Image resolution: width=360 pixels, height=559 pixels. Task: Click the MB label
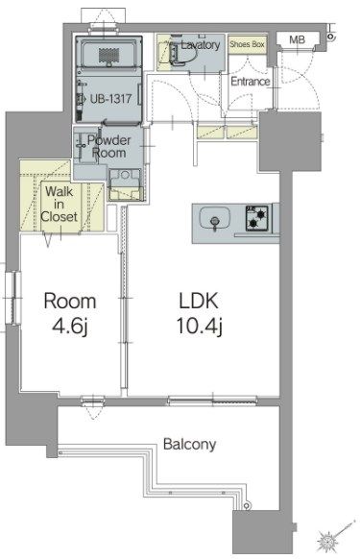point(297,39)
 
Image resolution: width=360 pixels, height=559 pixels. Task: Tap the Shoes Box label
point(247,44)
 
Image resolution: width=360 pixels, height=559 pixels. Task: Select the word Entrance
point(251,82)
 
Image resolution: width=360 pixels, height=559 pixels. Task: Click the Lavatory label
point(201,45)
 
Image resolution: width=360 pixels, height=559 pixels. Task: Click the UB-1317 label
point(110,99)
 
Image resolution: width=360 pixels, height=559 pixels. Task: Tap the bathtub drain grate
point(108,56)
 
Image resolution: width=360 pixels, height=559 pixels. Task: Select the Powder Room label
point(108,147)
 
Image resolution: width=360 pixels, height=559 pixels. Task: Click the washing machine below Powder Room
point(125,184)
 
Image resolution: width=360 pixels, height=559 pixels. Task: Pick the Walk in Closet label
point(59,205)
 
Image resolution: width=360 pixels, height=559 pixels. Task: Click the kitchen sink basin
point(215,218)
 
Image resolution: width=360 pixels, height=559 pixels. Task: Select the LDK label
point(199,301)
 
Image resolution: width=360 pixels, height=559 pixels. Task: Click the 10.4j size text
point(200,327)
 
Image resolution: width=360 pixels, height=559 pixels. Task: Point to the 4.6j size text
point(70,327)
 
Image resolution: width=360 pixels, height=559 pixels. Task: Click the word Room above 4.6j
point(70,302)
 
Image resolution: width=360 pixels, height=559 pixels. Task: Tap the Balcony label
point(190,445)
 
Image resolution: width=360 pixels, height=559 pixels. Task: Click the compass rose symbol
point(327,541)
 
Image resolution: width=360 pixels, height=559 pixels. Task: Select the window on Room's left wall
point(13,298)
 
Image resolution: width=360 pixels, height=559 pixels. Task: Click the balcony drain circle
point(247,506)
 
